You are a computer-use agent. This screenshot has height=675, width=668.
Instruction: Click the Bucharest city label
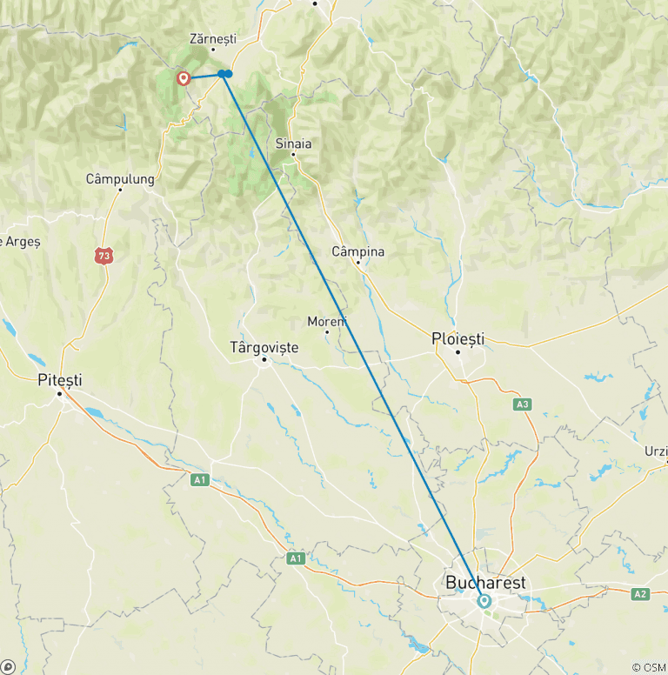[485, 582]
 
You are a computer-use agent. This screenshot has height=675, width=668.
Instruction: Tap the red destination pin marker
[184, 79]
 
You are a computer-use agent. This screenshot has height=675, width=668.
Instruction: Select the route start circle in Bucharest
[484, 600]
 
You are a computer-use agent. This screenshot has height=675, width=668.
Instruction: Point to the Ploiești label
[458, 338]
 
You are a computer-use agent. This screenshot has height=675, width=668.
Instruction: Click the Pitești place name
[60, 379]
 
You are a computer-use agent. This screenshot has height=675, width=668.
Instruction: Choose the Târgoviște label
[264, 347]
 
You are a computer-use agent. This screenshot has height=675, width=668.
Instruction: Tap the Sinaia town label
[293, 143]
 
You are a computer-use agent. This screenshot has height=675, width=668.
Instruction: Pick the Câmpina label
[358, 251]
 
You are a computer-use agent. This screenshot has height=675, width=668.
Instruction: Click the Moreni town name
[327, 321]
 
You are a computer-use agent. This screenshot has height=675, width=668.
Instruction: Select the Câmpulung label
[120, 179]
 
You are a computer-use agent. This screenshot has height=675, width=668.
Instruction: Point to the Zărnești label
[213, 38]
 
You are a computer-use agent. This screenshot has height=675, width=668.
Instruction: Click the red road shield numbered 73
[104, 255]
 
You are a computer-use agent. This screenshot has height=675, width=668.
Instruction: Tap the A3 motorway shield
[522, 404]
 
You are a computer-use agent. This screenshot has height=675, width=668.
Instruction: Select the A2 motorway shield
[641, 594]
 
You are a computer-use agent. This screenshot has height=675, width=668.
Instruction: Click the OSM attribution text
[647, 667]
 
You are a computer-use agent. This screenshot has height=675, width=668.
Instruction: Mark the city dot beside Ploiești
[458, 352]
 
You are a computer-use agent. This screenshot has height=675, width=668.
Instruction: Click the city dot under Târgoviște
[264, 360]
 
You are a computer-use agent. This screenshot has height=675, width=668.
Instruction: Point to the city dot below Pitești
[60, 393]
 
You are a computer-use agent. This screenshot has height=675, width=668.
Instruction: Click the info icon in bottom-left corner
[8, 667]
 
